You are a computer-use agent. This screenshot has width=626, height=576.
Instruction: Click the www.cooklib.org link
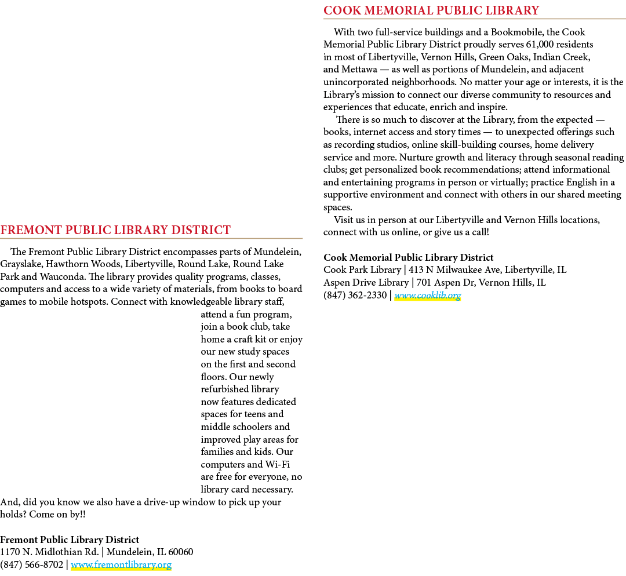tap(428, 296)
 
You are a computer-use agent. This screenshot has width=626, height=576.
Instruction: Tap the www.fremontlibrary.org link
tap(121, 565)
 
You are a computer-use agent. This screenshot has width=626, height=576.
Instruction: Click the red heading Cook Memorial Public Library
tap(431, 10)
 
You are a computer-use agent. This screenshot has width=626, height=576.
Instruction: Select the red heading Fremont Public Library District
tap(115, 230)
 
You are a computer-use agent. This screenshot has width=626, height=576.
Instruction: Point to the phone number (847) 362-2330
tap(355, 296)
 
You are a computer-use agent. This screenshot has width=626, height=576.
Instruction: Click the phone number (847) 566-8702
tap(31, 565)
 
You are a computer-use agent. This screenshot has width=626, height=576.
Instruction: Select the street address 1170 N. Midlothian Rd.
tap(49, 552)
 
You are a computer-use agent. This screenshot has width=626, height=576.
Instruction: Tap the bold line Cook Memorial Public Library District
tap(409, 257)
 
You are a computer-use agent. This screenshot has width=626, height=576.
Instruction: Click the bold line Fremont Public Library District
tap(70, 539)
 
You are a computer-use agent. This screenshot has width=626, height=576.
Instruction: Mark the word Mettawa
tap(359, 70)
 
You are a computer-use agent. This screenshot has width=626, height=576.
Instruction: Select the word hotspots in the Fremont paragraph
tap(89, 302)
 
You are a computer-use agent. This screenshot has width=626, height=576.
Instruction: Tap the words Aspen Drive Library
tap(366, 283)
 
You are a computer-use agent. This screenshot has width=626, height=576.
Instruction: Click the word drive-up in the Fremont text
tap(162, 502)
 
